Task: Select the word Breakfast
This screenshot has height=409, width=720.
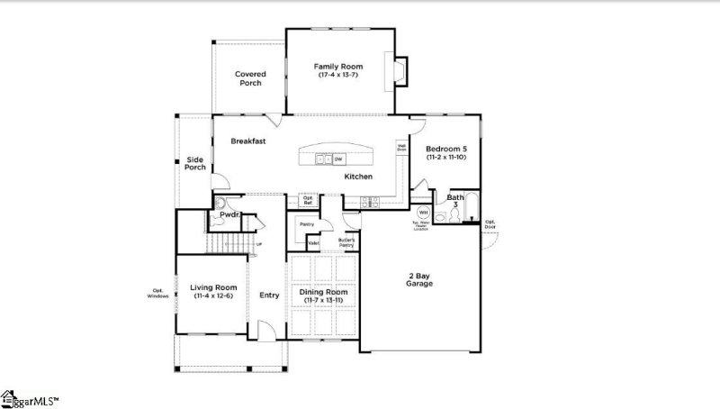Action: pos(247,141)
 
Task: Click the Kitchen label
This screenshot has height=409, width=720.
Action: pos(358,177)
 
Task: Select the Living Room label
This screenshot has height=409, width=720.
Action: pos(213,292)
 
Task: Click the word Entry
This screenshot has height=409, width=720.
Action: pos(269,295)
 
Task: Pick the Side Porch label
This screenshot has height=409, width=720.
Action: pos(195,164)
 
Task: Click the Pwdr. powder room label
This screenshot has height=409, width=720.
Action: pos(229,215)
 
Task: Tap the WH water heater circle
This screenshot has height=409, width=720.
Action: pos(448,213)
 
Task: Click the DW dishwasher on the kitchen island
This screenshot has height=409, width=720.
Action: pos(339,159)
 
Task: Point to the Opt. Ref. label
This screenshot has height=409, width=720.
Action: pos(308,200)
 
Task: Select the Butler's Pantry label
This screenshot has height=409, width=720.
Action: pos(346,241)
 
